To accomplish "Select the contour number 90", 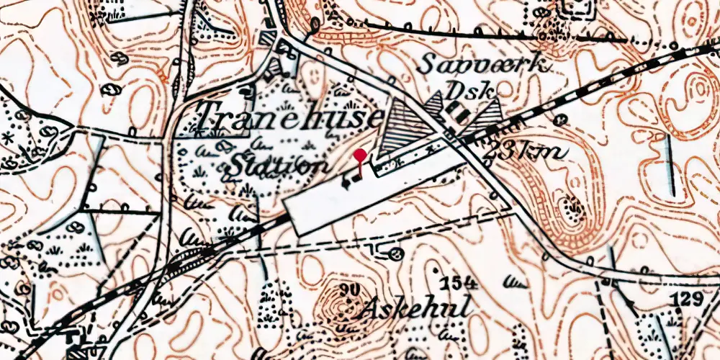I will (x=351, y=290).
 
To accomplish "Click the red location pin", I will (x=360, y=156).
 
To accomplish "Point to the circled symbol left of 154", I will (x=394, y=253).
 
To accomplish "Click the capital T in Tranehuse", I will (x=209, y=117).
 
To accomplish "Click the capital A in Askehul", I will (x=372, y=308).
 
